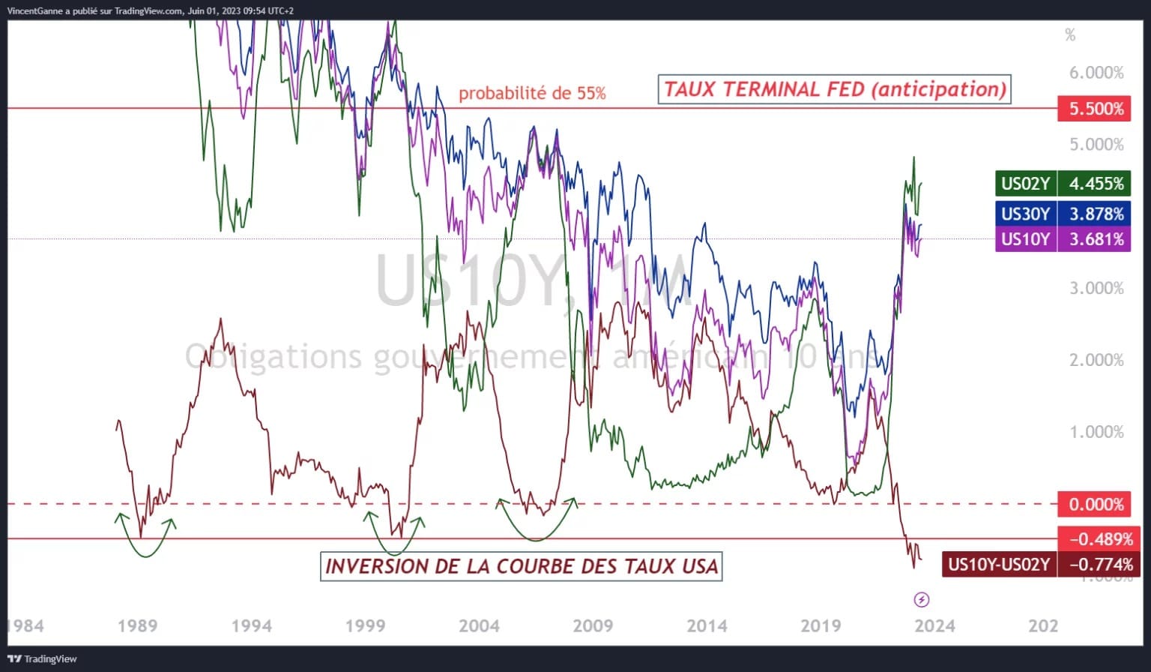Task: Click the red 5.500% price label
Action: point(1096,109)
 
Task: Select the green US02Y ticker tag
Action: point(1025,184)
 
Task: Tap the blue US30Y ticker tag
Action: point(1025,214)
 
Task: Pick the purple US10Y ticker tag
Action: point(1025,239)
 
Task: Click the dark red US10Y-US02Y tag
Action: point(999,564)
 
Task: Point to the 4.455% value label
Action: point(1096,184)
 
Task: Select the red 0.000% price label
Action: point(1096,504)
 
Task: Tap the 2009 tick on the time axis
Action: point(593,625)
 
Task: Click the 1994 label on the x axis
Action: point(252,625)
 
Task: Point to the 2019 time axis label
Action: point(821,625)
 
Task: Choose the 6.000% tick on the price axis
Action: point(1096,73)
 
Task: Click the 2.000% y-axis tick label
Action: point(1096,360)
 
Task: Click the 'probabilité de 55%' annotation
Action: point(532,94)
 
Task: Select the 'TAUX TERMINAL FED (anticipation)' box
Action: point(834,89)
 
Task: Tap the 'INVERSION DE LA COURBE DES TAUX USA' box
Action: point(522,566)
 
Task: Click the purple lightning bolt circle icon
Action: point(922,599)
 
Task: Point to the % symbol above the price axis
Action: point(1070,35)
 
